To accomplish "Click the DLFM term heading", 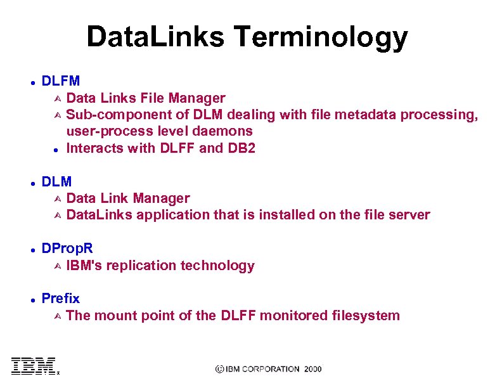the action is (x=60, y=81).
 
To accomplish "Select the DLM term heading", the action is (x=56, y=182).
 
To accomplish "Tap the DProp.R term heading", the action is (x=67, y=249).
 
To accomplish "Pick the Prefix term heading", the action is (x=60, y=299).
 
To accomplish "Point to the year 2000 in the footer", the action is (x=312, y=369).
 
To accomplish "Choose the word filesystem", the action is (x=366, y=316).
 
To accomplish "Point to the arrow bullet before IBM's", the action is (x=56, y=266).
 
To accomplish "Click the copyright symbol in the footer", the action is (x=220, y=369).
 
